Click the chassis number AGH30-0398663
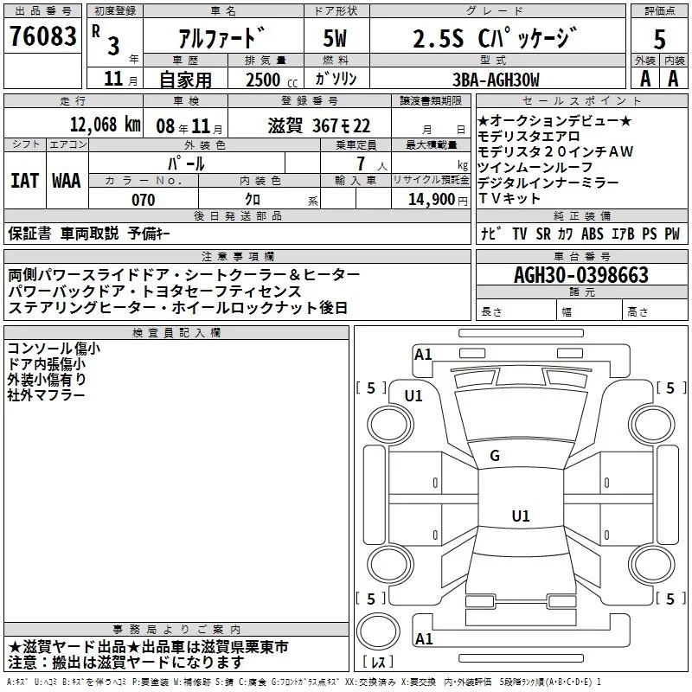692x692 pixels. (581, 275)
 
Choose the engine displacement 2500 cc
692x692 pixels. (259, 80)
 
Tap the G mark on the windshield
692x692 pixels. (495, 456)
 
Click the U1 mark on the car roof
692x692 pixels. (520, 516)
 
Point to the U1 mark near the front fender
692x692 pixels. (413, 395)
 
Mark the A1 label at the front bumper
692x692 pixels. (423, 354)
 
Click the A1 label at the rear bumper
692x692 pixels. (423, 638)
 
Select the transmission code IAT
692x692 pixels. (24, 180)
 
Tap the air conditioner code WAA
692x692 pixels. (66, 180)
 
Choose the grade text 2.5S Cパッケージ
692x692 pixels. (494, 39)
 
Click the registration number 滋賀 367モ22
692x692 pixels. (318, 124)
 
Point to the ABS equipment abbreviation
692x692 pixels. (593, 234)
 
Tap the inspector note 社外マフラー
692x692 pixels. (47, 394)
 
